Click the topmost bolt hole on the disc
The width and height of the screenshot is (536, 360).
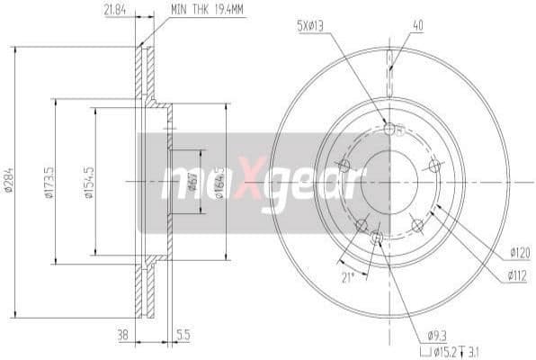(389, 130)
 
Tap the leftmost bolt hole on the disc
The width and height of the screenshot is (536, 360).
(344, 165)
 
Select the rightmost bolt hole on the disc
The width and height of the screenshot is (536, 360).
(435, 165)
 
